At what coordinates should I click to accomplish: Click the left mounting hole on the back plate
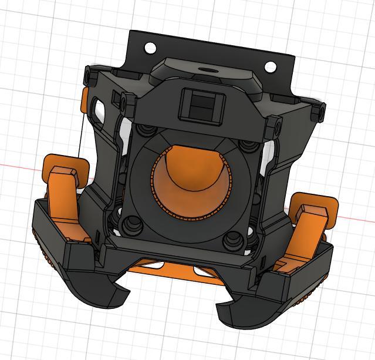pos(150,47)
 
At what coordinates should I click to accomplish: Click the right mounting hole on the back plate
pos(271,66)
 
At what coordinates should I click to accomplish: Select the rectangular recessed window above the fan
pos(201,106)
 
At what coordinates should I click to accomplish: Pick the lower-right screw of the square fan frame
pos(234,238)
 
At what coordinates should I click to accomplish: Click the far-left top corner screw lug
pos(88,75)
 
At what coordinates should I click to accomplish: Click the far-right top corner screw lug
pos(319,112)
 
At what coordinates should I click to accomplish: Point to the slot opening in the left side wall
pos(97,106)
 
